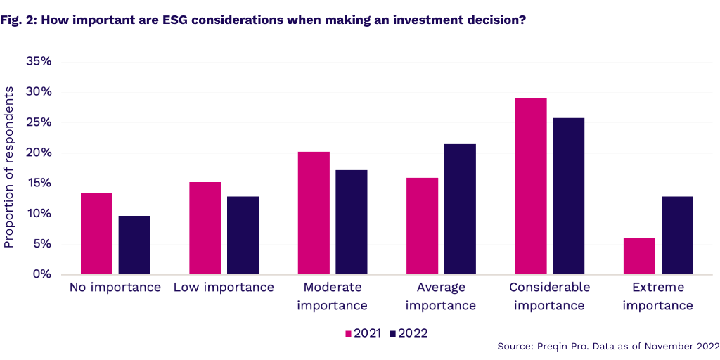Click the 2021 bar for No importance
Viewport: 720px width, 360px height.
coord(96,233)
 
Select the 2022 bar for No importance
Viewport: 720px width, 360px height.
coord(134,245)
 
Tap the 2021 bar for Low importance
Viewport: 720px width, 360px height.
coord(205,228)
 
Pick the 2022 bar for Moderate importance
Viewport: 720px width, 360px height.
coord(352,222)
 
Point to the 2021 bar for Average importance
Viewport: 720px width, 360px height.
coord(422,226)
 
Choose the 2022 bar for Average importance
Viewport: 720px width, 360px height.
coord(460,209)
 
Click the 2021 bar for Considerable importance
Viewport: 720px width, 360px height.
coord(531,186)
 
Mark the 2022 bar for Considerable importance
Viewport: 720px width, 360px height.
coord(568,196)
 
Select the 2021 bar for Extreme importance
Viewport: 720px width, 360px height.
coord(639,256)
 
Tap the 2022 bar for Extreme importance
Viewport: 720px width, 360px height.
coord(677,235)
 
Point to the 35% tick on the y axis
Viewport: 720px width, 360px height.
coord(39,61)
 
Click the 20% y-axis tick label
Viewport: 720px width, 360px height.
coord(39,153)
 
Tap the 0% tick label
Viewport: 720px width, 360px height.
coord(42,274)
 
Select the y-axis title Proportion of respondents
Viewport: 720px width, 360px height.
coord(9,167)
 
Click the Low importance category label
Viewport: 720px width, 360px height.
coord(224,287)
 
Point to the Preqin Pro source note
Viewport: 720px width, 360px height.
coord(607,346)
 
